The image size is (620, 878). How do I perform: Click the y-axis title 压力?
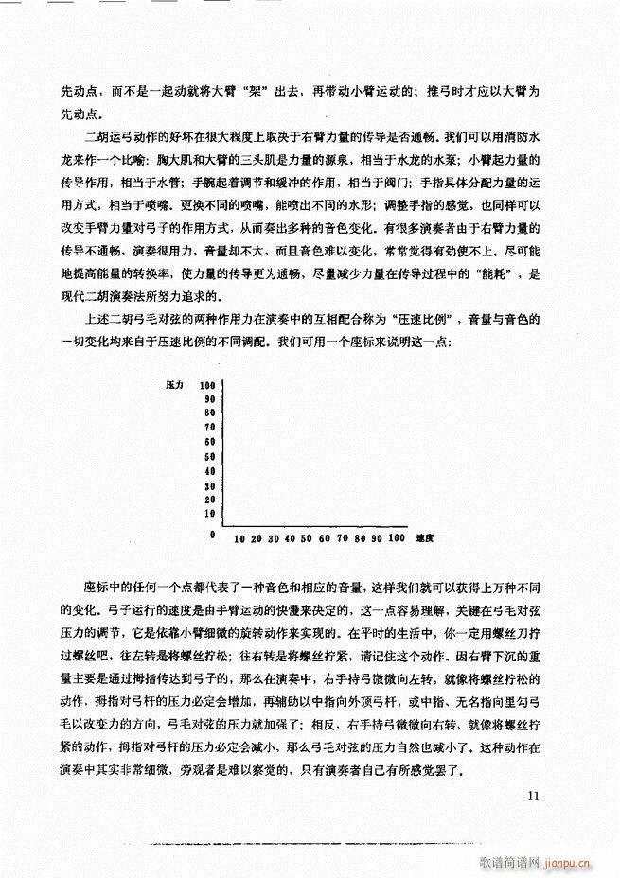click(x=174, y=386)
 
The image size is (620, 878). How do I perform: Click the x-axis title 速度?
click(x=424, y=538)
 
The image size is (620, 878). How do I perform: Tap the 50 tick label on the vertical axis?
click(x=210, y=457)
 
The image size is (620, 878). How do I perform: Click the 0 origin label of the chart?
click(x=214, y=536)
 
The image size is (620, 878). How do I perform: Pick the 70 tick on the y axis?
click(x=210, y=429)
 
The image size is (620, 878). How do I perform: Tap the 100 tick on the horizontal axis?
click(x=396, y=538)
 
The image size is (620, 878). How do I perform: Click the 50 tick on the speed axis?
click(x=306, y=538)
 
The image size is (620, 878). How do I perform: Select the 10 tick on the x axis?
click(x=240, y=538)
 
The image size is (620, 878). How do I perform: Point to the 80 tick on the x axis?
click(x=359, y=538)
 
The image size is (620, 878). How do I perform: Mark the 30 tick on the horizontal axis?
click(x=274, y=538)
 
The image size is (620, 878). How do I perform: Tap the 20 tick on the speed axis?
click(x=257, y=538)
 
